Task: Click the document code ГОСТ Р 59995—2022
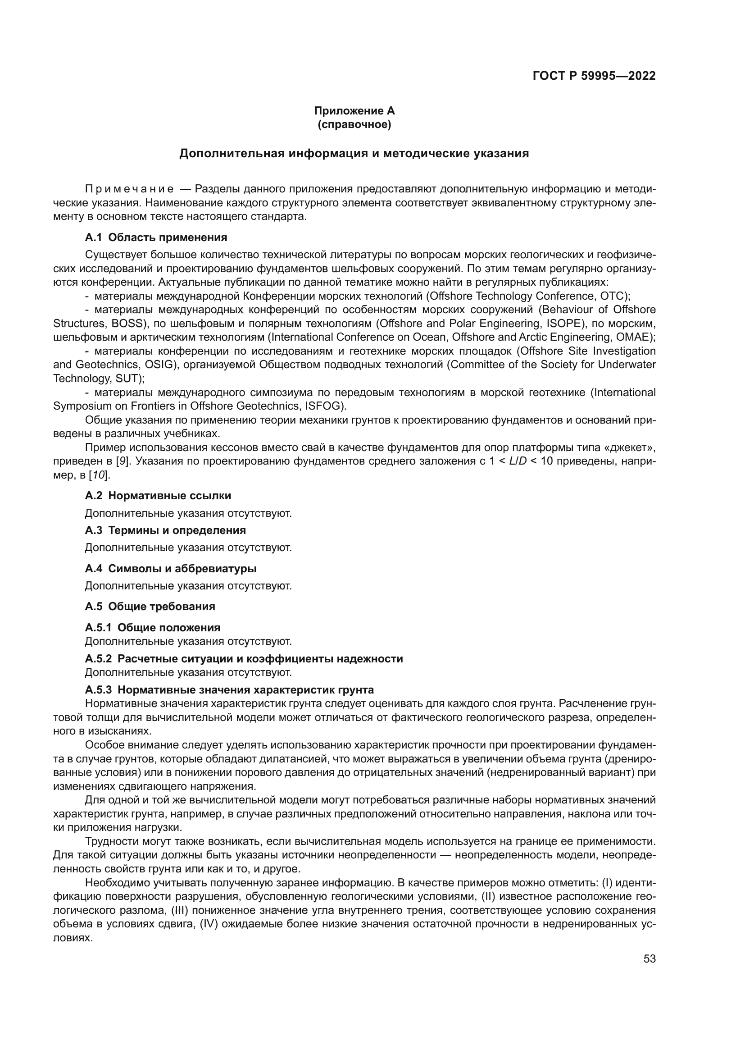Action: pyautogui.click(x=594, y=76)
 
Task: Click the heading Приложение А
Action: pyautogui.click(x=354, y=111)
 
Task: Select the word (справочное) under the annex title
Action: pyautogui.click(x=354, y=124)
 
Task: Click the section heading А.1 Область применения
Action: pyautogui.click(x=156, y=237)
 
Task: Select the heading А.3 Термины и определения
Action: pyautogui.click(x=165, y=530)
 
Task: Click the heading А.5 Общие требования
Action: pyautogui.click(x=150, y=607)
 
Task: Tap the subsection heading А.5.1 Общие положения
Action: pyautogui.click(x=152, y=628)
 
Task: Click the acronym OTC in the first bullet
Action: pyautogui.click(x=613, y=296)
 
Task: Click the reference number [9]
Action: pyautogui.click(x=123, y=461)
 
